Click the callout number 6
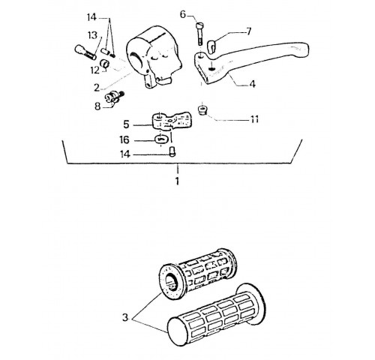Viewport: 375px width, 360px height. (x=183, y=15)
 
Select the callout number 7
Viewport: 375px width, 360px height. (x=248, y=31)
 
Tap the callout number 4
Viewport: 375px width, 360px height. (x=253, y=84)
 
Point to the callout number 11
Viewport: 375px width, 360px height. (x=254, y=119)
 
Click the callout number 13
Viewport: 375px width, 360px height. (x=92, y=35)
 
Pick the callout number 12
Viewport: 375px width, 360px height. (x=95, y=70)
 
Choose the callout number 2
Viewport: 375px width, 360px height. (x=97, y=88)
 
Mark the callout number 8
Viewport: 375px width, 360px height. (x=97, y=106)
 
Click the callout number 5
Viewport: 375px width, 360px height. (x=126, y=124)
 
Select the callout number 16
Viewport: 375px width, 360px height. (x=124, y=139)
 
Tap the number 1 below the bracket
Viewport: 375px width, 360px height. (x=177, y=181)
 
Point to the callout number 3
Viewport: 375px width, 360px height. (x=125, y=317)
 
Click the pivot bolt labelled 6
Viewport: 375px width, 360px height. (x=200, y=34)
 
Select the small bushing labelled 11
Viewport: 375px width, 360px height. (x=202, y=110)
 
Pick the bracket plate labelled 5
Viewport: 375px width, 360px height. (x=172, y=121)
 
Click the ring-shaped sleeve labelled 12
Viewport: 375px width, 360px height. (x=105, y=64)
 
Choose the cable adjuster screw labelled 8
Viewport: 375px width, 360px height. (x=115, y=97)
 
